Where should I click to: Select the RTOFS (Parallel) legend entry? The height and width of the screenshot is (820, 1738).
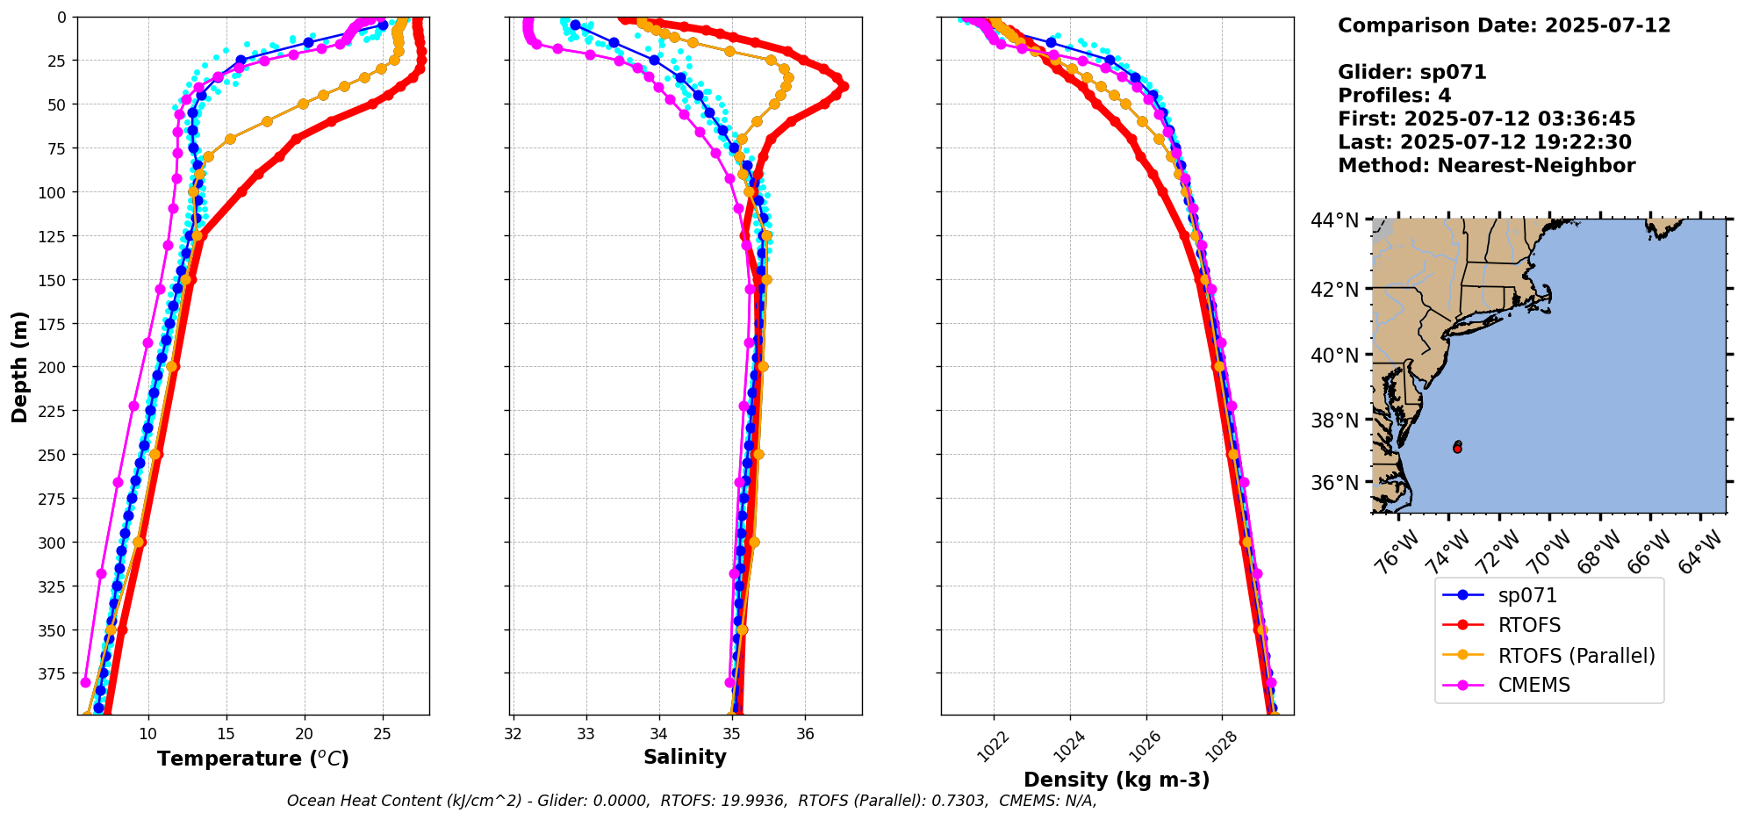[1549, 656]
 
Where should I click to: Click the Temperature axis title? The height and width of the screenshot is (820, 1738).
[253, 759]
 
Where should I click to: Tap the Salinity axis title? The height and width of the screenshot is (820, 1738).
[685, 757]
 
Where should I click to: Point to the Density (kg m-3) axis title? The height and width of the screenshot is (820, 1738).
[1117, 780]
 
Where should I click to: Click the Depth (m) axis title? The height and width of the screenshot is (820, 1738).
[19, 366]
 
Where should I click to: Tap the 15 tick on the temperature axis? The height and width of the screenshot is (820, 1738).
[226, 733]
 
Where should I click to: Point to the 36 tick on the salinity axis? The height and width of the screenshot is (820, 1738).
[805, 733]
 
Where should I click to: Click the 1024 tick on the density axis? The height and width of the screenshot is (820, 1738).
[1068, 747]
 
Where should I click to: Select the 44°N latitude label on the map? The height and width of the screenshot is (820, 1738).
[1334, 220]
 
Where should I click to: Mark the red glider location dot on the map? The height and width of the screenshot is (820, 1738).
[1457, 448]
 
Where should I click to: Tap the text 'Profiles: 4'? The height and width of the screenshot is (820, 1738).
[1394, 96]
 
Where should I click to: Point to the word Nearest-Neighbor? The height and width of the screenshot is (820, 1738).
[1536, 166]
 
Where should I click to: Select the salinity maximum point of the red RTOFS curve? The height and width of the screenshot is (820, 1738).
[844, 87]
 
